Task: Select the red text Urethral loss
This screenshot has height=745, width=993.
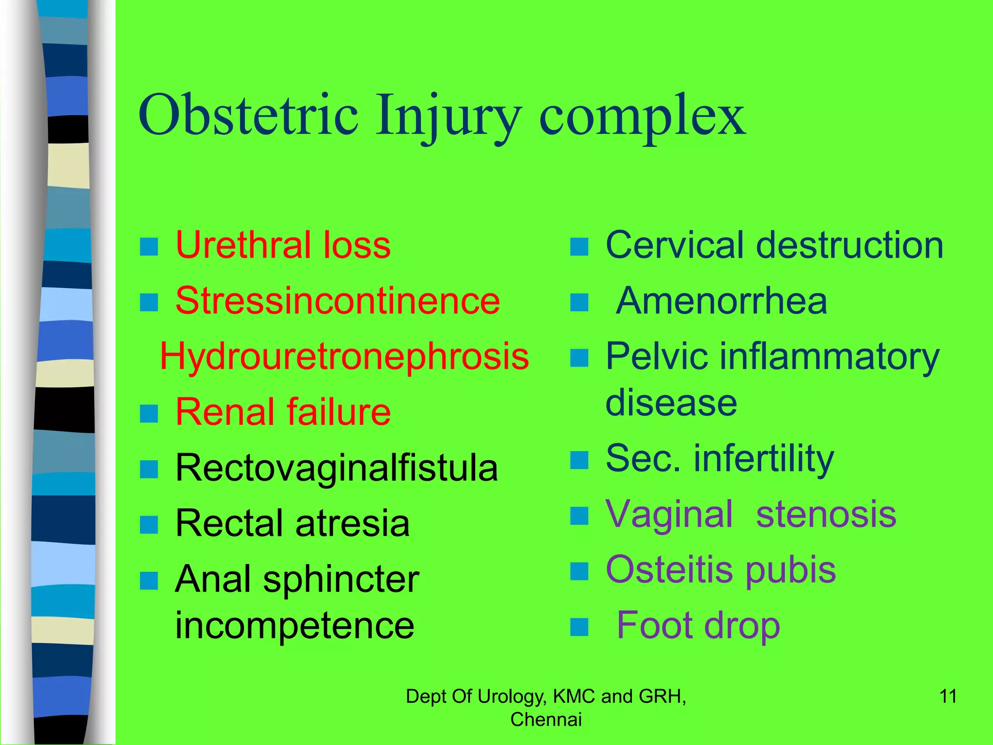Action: point(283,245)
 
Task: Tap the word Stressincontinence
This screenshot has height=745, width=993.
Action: point(337,301)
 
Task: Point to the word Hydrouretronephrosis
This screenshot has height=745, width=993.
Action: point(344,356)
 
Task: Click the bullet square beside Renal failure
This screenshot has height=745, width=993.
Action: point(149,414)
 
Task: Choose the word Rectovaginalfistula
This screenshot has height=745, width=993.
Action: point(336,468)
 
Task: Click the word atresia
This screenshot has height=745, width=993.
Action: point(352,524)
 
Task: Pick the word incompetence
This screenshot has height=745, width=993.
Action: point(294,626)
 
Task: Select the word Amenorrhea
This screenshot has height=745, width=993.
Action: point(721,301)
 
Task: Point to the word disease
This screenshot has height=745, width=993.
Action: point(671,403)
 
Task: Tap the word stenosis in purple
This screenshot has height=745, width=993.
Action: point(826,515)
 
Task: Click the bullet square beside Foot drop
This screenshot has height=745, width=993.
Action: point(579,627)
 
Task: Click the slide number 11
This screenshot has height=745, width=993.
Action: point(948,696)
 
